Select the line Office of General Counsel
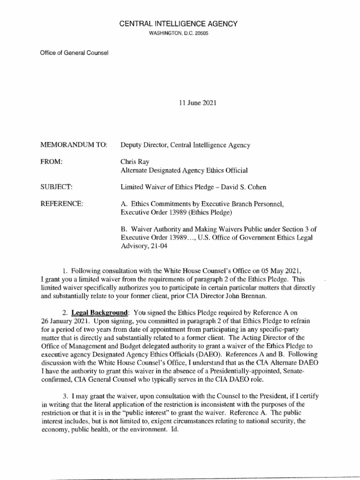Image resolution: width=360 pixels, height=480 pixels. [75, 52]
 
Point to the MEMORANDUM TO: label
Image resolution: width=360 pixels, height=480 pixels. [75, 145]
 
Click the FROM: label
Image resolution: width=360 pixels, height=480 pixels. [52, 162]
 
